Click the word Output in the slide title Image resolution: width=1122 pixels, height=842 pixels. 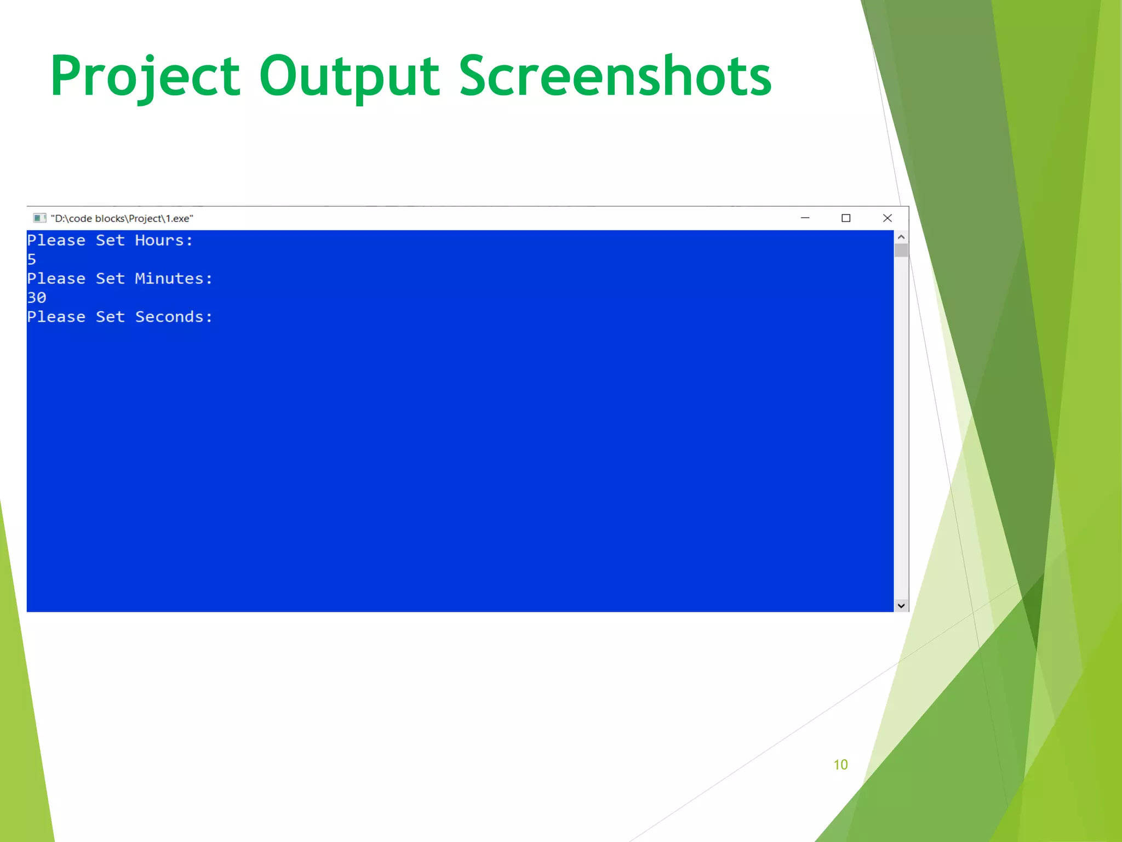click(x=349, y=77)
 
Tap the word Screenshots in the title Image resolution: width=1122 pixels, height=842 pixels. click(x=615, y=77)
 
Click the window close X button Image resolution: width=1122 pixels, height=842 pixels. click(x=888, y=218)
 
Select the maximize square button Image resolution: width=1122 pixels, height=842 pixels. click(x=846, y=218)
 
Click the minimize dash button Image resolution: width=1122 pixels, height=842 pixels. click(x=805, y=218)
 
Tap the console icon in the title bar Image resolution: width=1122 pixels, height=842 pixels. click(x=39, y=218)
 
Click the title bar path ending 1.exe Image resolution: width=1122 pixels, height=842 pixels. click(x=122, y=219)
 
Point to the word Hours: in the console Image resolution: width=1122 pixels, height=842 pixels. click(x=164, y=241)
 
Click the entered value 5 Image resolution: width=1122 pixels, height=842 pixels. click(x=32, y=260)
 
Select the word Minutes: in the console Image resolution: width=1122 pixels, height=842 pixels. click(x=174, y=279)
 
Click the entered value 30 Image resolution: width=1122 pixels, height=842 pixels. click(x=37, y=298)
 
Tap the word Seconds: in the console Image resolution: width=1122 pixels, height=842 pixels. click(x=174, y=317)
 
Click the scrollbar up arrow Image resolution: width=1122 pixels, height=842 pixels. click(x=901, y=237)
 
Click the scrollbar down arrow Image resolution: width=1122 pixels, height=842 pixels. click(x=901, y=606)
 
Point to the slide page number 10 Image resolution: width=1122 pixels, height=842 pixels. click(x=840, y=765)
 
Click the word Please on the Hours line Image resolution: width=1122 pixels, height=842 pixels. click(x=56, y=241)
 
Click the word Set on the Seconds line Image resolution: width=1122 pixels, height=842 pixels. click(x=110, y=317)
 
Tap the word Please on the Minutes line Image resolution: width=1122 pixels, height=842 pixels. click(x=56, y=279)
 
